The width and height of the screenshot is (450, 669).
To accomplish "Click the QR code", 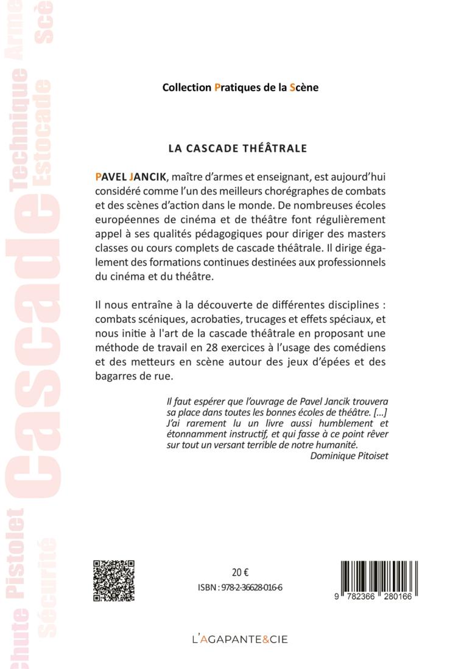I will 113,581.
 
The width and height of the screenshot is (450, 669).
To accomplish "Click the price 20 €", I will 241,572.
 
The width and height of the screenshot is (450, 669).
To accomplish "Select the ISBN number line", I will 240,588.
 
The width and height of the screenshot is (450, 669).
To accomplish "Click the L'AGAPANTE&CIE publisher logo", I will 240,639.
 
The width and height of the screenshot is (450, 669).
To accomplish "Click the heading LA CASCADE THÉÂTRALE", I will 237,148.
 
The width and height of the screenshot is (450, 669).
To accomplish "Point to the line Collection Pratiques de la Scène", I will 240,87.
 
